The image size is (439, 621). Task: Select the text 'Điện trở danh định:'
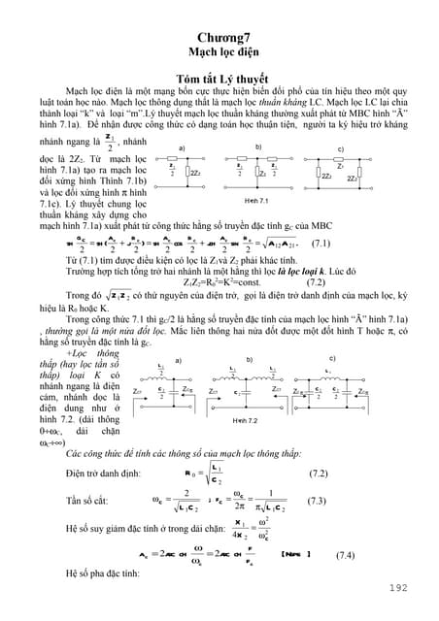97,474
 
